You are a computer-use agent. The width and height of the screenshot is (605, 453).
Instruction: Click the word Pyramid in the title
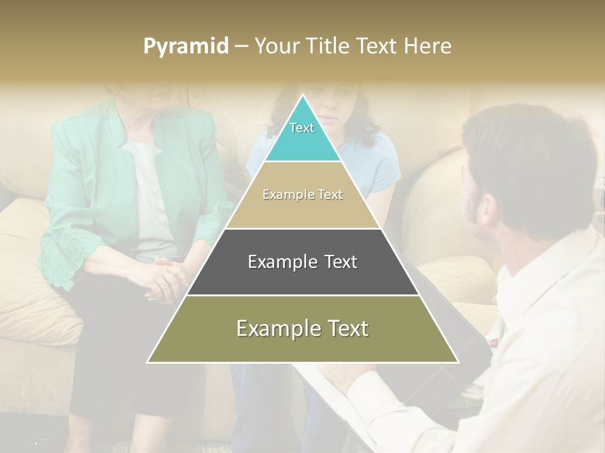[x=185, y=47]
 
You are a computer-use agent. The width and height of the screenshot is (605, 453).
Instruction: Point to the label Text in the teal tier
[x=302, y=128]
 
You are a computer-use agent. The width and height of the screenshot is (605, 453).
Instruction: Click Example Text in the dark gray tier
[x=302, y=262]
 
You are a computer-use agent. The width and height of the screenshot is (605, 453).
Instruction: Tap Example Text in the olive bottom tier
[x=302, y=328]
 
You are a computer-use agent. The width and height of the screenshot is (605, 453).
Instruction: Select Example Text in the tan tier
[x=302, y=194]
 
